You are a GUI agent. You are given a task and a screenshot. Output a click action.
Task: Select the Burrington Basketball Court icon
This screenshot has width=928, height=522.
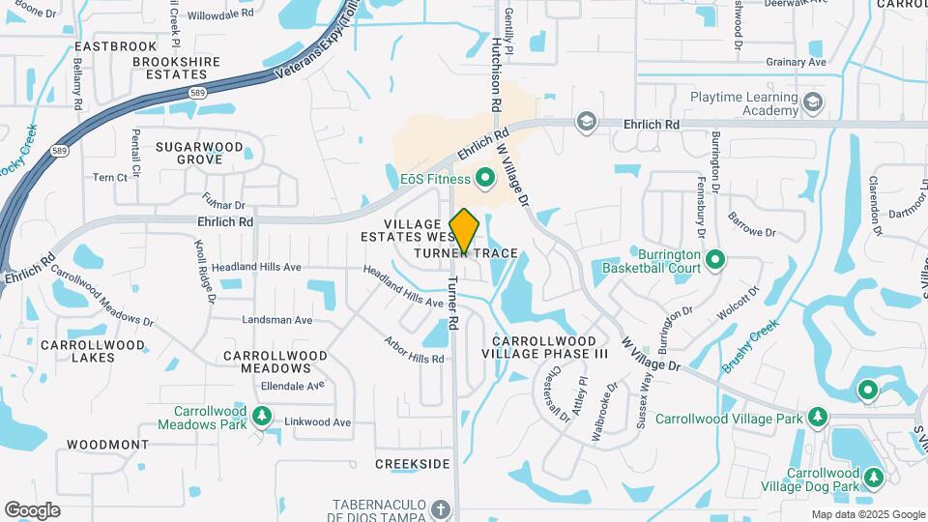click(x=715, y=259)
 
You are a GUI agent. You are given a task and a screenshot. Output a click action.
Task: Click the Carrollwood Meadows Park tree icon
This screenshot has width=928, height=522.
click(x=261, y=416)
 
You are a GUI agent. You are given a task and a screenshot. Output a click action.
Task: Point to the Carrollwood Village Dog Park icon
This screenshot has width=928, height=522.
click(x=874, y=478)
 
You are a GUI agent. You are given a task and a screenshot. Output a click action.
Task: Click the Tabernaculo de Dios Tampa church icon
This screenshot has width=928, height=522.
click(x=441, y=509)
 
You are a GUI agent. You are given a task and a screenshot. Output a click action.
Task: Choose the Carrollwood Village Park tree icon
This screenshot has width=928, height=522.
click(x=819, y=418)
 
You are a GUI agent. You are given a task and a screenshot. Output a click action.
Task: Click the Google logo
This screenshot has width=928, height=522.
click(x=32, y=509)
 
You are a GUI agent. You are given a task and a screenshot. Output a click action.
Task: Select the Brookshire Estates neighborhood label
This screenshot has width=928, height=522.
click(x=176, y=68)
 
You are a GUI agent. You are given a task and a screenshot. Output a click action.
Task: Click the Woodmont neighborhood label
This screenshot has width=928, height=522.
click(x=107, y=445)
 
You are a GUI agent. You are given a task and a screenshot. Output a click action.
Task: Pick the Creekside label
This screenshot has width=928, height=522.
click(x=413, y=464)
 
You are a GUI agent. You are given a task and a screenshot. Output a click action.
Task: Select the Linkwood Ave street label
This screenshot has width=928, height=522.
click(x=317, y=422)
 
